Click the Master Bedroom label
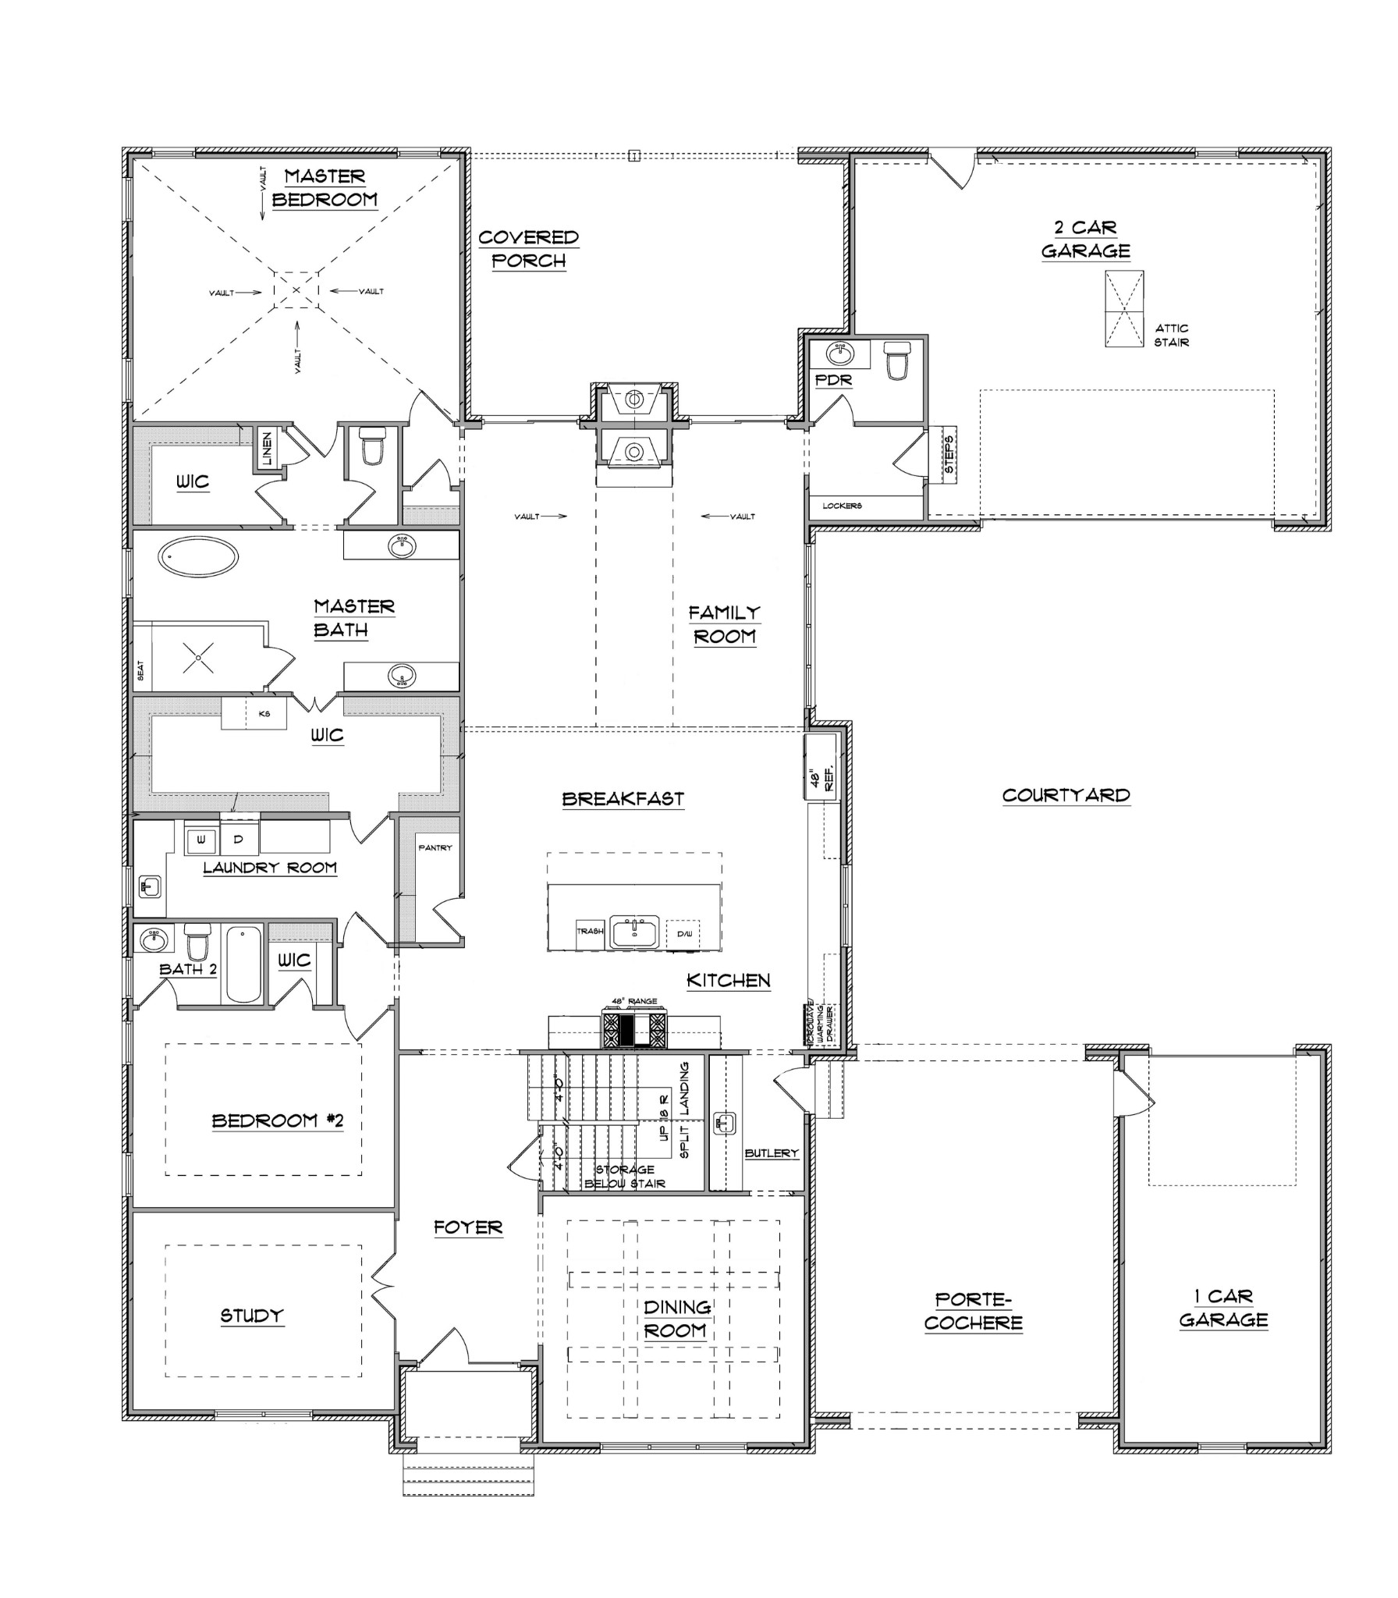point(325,187)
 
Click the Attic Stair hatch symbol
point(1123,309)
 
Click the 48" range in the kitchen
point(634,1029)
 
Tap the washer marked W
point(201,840)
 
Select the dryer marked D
point(240,840)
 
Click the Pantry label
point(435,847)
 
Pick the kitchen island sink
point(634,932)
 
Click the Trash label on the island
point(590,932)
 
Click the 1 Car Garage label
point(1222,1308)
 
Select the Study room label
point(251,1316)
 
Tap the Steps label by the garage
point(949,455)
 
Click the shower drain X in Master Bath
point(198,658)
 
